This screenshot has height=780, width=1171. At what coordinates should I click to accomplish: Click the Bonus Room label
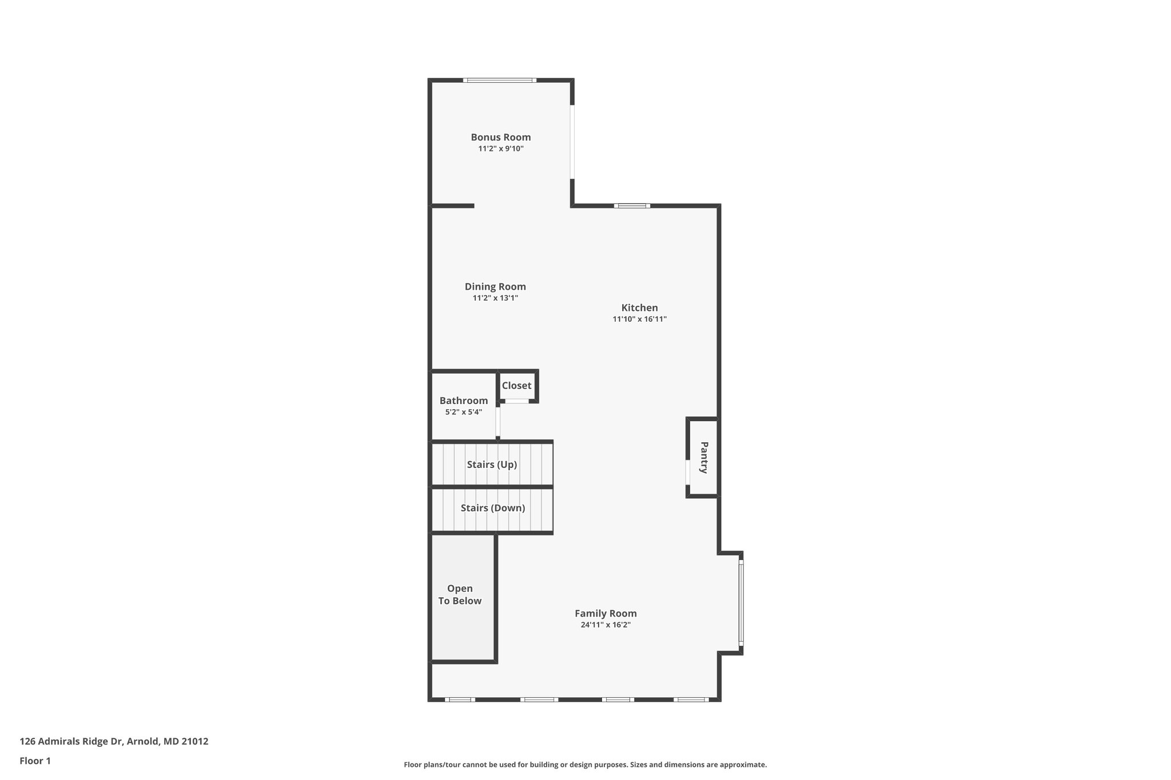click(500, 137)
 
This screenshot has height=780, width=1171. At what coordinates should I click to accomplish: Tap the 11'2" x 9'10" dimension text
click(500, 149)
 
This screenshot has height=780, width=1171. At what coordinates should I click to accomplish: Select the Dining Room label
click(495, 287)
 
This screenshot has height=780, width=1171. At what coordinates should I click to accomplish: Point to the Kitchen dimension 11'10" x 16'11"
click(639, 319)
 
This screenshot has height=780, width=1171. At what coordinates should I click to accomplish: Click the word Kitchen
click(639, 308)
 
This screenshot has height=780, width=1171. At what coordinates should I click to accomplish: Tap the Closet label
click(516, 386)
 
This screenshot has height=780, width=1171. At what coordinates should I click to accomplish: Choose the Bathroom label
click(464, 401)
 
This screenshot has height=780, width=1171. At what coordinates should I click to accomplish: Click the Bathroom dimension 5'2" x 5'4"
click(464, 412)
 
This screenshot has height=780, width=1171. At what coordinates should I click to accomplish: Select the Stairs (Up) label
click(492, 465)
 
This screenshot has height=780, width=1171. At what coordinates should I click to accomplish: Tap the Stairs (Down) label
click(492, 508)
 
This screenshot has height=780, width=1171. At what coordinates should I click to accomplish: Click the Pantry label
click(704, 457)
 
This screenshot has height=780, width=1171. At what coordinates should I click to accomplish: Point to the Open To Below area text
click(460, 595)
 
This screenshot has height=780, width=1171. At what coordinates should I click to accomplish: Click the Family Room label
click(606, 613)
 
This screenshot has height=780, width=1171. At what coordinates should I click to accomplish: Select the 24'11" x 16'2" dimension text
click(606, 625)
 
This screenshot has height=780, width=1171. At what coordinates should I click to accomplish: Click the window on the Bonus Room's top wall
click(500, 81)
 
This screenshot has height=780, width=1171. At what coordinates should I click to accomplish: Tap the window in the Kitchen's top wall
click(632, 206)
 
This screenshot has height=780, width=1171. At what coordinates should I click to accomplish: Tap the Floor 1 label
click(35, 761)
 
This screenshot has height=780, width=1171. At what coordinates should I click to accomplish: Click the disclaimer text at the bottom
click(585, 765)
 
